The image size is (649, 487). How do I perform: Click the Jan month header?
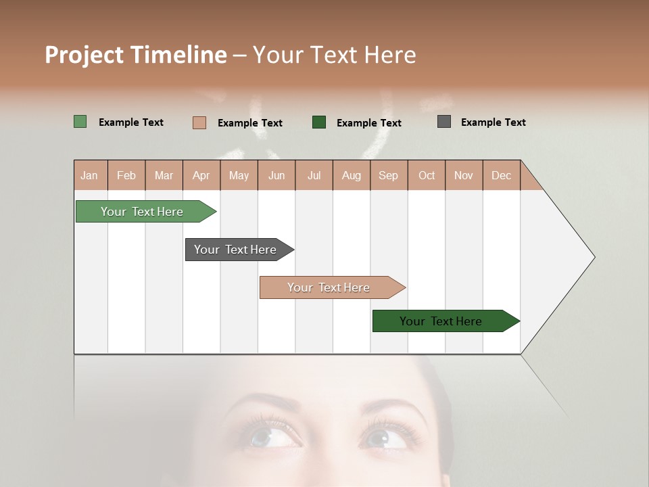[89, 175]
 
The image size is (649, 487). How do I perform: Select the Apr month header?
[201, 175]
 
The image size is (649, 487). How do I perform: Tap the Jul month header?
[314, 175]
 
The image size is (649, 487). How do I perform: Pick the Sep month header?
[388, 175]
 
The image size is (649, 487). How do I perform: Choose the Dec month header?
[501, 175]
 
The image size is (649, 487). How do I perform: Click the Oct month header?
[427, 175]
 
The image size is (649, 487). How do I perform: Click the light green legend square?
[80, 122]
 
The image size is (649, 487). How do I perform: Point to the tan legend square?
[199, 122]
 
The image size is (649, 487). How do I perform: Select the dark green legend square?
[318, 122]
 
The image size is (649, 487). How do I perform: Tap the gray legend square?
[443, 122]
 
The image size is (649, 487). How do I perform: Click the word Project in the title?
[85, 55]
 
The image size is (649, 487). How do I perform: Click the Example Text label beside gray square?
[493, 122]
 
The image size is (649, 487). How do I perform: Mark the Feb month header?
[126, 175]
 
